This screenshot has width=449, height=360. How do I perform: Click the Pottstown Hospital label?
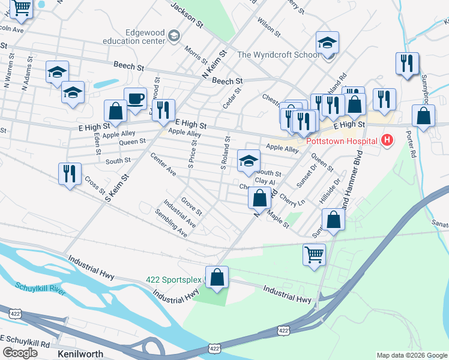pos(343,142)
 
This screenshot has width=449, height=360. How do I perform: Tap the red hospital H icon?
pos(387,141)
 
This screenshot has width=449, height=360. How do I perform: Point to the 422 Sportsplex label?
pos(173,280)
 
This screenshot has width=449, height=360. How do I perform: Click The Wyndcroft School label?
pos(278,55)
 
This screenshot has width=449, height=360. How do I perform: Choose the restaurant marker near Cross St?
pos(70,174)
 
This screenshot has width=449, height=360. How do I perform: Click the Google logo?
pos(20,353)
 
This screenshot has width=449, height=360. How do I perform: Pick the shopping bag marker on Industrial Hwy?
pos(217,277)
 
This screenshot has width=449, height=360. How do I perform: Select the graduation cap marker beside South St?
pos(249,160)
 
